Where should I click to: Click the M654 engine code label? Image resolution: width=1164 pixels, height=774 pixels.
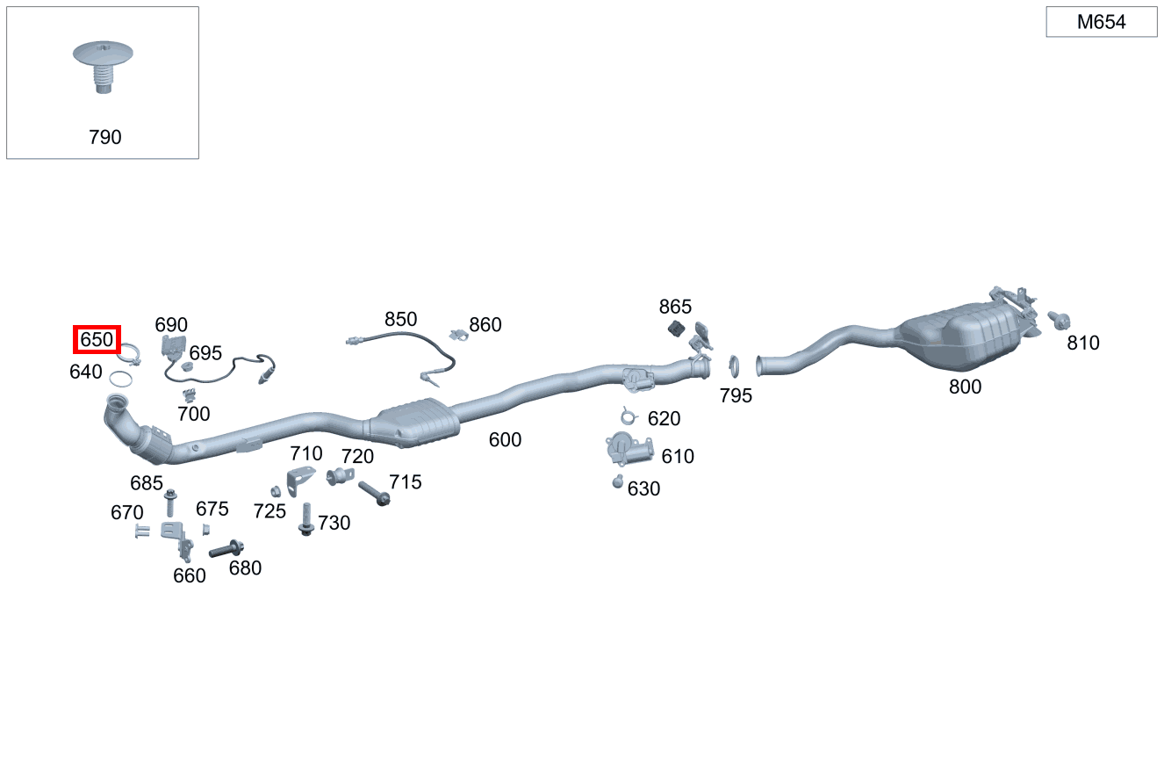1101,22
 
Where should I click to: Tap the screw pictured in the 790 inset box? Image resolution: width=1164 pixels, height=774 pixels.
103,66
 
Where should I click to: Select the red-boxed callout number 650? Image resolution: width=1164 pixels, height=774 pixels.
97,340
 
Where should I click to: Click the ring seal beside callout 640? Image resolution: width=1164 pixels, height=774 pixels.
120,380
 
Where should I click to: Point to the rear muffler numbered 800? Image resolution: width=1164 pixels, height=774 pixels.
961,336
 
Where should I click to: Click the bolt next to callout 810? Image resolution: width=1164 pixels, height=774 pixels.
1059,320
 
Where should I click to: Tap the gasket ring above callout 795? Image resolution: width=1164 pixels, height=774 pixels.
734,366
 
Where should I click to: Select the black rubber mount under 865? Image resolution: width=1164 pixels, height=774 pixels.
676,329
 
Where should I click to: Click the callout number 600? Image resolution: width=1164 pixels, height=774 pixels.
505,440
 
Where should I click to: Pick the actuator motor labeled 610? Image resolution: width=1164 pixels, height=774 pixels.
629,449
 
